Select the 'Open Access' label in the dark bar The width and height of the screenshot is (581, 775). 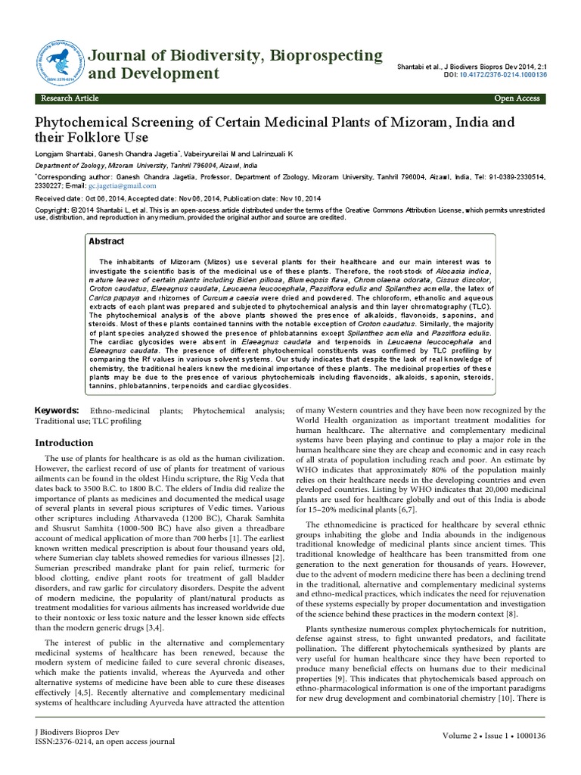tap(517, 98)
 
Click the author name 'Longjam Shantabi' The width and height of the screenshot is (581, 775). tap(66, 154)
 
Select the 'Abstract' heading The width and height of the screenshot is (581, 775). tap(107, 241)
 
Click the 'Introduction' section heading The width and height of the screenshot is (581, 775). tap(67, 443)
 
